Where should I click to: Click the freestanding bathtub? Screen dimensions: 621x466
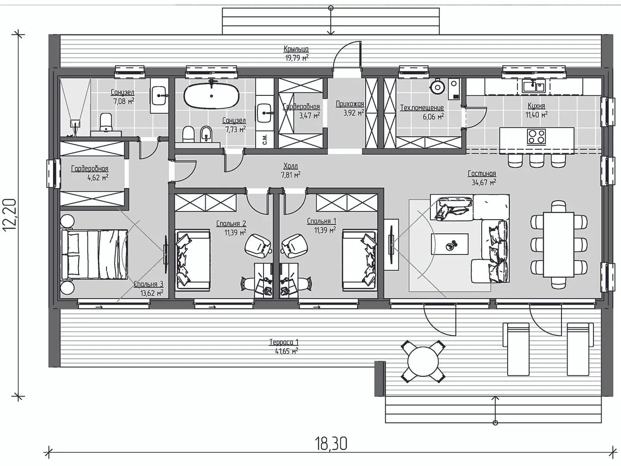(212, 96)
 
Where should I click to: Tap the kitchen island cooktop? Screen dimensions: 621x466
(536, 137)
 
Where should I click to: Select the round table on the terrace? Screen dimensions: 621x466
(423, 362)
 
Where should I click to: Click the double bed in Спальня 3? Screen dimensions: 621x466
(94, 255)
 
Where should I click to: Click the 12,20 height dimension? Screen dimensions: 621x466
(10, 215)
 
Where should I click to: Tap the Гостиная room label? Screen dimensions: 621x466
(482, 173)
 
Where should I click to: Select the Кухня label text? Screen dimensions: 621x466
(536, 106)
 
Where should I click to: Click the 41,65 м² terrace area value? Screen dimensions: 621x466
(287, 351)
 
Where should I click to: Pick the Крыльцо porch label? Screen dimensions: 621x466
(296, 49)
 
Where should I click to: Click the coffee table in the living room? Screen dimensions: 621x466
(449, 244)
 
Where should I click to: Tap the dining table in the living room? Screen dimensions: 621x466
(558, 245)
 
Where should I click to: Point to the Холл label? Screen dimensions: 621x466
(291, 166)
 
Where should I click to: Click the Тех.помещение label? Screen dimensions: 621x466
(422, 107)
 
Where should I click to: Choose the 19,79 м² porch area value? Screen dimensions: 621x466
(297, 58)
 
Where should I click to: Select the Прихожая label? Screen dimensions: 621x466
(350, 104)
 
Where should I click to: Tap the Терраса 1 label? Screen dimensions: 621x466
(283, 342)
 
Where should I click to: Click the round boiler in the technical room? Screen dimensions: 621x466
(437, 87)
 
